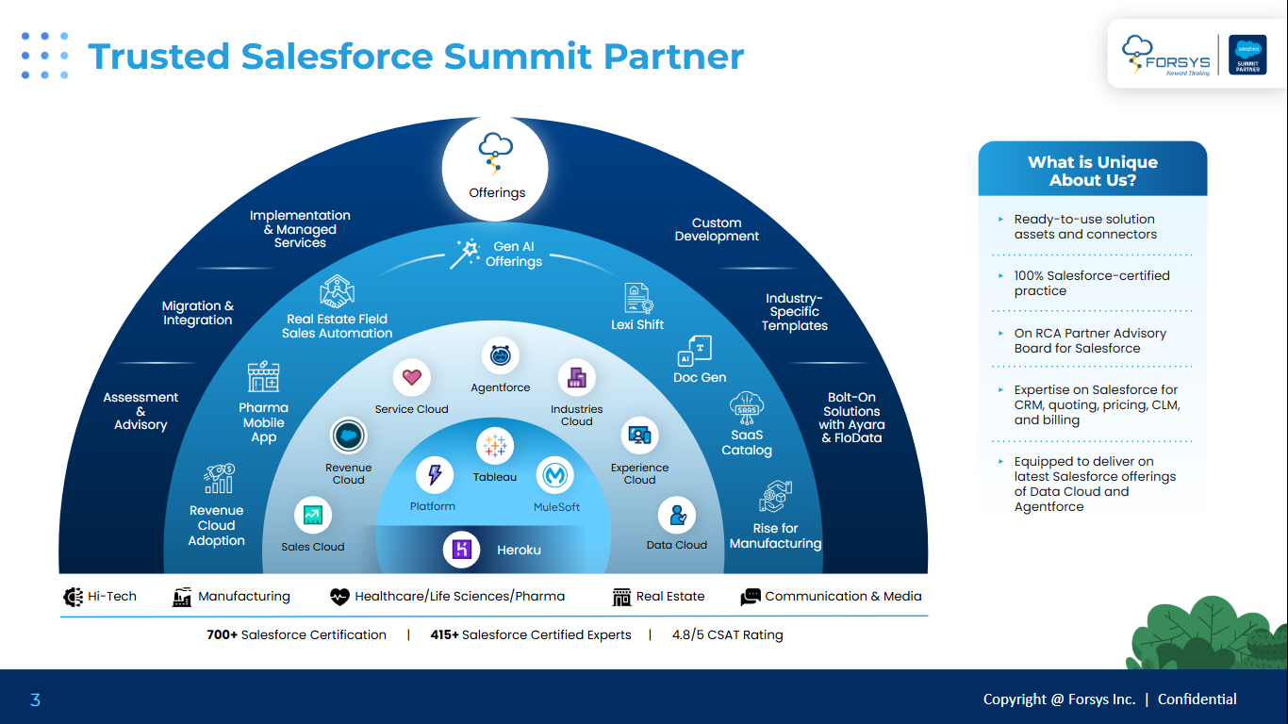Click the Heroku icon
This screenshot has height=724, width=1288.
point(462,549)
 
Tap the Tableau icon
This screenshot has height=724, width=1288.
point(494,445)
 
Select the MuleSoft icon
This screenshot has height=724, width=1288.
point(555,475)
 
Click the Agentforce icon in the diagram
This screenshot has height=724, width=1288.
point(501,356)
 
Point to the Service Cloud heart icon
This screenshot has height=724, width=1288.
point(411,378)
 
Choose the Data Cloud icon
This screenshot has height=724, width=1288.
point(676,515)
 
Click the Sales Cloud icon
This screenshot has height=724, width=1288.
point(312,515)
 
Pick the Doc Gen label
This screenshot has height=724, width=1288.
point(700,377)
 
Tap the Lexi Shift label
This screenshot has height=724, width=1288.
point(637,324)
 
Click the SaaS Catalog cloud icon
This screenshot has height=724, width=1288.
point(747,406)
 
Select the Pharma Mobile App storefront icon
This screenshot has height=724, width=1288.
point(263,376)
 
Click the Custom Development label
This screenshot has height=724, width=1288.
point(717,230)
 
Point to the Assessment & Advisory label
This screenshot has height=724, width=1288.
point(140,411)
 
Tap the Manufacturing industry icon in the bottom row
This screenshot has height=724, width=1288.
point(182,597)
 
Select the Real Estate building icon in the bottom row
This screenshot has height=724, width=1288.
point(621,597)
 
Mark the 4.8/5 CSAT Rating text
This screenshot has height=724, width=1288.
point(727,634)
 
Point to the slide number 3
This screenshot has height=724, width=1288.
point(35,699)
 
